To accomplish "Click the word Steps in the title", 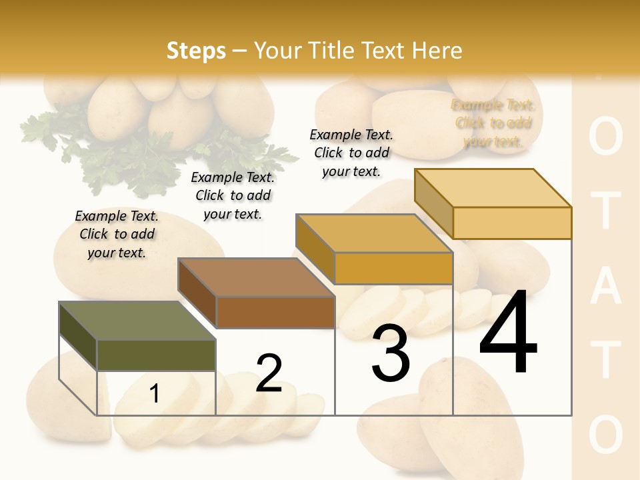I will click(195, 51).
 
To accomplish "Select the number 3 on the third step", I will click(391, 353).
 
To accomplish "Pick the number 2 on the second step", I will click(269, 373).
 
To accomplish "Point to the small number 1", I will click(155, 394).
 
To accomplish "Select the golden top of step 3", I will click(373, 234).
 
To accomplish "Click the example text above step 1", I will click(117, 234).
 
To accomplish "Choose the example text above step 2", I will click(233, 195).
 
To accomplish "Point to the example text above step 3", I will click(351, 153).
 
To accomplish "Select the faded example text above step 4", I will click(493, 123).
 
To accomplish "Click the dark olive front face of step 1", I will click(156, 355).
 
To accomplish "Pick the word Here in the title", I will click(437, 51).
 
